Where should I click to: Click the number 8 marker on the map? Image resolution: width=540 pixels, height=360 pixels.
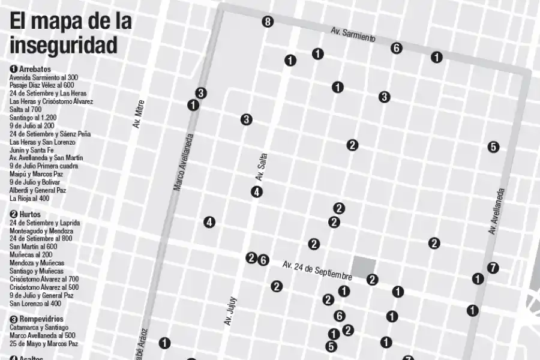pos(268,22)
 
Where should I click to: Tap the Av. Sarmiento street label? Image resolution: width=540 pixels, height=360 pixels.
pos(353,34)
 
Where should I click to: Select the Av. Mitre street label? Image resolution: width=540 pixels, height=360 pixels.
pos(138,114)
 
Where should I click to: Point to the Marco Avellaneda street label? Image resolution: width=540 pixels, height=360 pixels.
pos(182,161)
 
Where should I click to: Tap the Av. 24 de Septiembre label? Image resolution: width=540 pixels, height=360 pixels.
pos(317,270)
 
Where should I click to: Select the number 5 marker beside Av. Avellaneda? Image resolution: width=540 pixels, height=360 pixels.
pos(493,146)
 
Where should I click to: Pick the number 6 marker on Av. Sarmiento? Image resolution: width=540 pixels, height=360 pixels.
pos(396,48)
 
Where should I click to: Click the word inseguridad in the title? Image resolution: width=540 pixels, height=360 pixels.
pos(63,44)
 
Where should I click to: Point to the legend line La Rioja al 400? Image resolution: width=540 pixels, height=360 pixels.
pos(29,198)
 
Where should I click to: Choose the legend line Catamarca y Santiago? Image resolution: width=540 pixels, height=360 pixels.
pos(39,328)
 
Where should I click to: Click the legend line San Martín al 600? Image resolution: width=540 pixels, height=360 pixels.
pos(34,247)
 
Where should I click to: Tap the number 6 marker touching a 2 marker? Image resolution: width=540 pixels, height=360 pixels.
pos(263,260)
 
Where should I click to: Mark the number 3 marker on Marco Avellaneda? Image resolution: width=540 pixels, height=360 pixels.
pos(201,93)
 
